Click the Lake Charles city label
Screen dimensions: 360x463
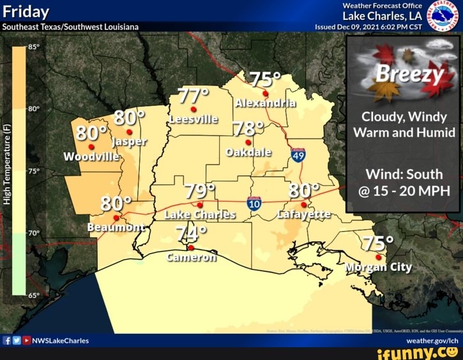(x=201, y=215)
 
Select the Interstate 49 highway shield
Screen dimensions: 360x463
(x=298, y=154)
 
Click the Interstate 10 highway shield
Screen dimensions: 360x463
(x=254, y=204)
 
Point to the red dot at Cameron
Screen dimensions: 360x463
(x=190, y=248)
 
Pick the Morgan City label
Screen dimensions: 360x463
(x=379, y=267)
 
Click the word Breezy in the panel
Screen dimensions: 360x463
(x=409, y=75)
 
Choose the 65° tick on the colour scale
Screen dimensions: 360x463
(x=33, y=296)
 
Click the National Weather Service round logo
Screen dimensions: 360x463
(x=445, y=15)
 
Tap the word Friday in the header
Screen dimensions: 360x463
(x=26, y=12)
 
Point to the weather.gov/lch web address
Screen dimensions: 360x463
(x=433, y=341)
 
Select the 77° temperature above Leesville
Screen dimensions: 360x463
(x=193, y=96)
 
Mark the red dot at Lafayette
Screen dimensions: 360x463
(x=303, y=204)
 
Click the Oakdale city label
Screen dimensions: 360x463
(x=249, y=153)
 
